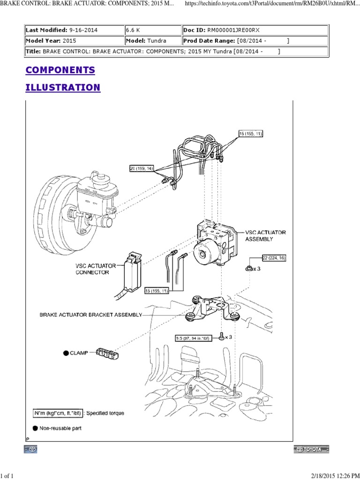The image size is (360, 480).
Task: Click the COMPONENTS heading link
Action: click(60, 70)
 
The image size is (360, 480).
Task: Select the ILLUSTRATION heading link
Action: click(63, 88)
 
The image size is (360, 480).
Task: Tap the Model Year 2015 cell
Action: click(74, 41)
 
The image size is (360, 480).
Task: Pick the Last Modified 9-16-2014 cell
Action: click(74, 30)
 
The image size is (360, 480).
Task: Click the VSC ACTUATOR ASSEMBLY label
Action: click(265, 235)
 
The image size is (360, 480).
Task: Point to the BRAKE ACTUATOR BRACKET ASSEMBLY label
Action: click(90, 315)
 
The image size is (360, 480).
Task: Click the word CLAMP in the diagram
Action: click(79, 353)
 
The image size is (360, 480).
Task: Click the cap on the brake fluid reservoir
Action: click(101, 177)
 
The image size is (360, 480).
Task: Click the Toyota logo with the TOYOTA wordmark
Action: click(311, 449)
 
